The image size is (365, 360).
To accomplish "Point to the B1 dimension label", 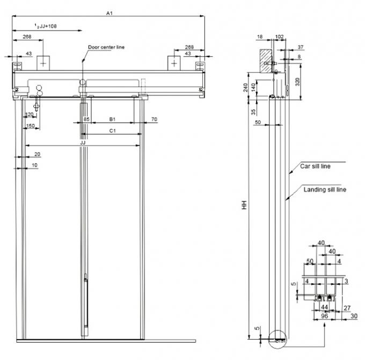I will (112, 119).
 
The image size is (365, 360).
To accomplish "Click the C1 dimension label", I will (112, 131).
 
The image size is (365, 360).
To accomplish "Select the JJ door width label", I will (83, 143).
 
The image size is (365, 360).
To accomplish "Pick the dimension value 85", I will (86, 119).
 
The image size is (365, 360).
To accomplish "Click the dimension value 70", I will (154, 119).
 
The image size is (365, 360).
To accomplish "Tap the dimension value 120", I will (29, 114).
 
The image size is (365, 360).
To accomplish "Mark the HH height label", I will (244, 205).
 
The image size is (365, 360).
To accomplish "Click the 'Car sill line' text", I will (316, 167).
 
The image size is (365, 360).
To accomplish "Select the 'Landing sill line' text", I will (325, 190).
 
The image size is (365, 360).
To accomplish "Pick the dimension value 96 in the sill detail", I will (324, 316).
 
